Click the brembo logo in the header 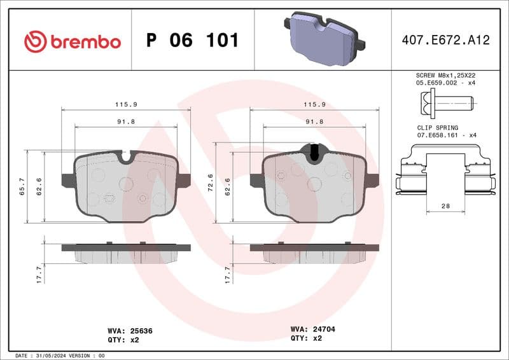tap(72, 42)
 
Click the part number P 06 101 tap(192, 41)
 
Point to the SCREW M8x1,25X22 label tap(445, 75)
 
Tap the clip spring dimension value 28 tap(445, 207)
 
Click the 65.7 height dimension tap(22, 187)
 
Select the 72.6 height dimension tap(211, 187)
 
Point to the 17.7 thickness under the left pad tap(39, 274)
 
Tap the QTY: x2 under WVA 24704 tap(308, 338)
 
